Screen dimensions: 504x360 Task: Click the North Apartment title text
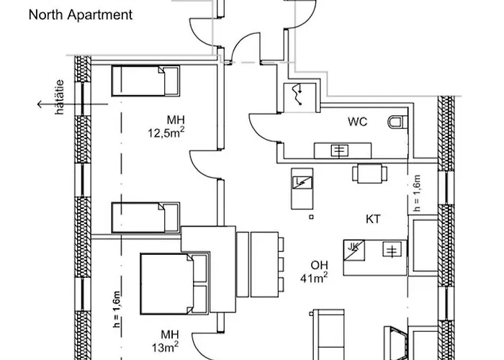pyautogui.click(x=81, y=15)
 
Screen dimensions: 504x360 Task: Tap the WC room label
pyautogui.click(x=357, y=122)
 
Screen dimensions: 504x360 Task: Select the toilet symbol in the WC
pyautogui.click(x=397, y=122)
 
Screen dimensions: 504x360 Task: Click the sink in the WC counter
pyautogui.click(x=340, y=150)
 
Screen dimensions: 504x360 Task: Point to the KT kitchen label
pyautogui.click(x=373, y=219)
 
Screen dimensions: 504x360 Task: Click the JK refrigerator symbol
pyautogui.click(x=354, y=251)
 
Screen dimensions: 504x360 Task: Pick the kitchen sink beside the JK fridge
pyautogui.click(x=392, y=249)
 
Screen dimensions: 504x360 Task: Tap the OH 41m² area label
pyautogui.click(x=315, y=271)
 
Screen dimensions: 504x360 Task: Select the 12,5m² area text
pyautogui.click(x=166, y=132)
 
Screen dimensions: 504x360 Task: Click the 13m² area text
pyautogui.click(x=165, y=348)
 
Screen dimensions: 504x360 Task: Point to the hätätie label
pyautogui.click(x=60, y=97)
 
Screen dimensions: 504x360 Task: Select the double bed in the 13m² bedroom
pyautogui.click(x=174, y=284)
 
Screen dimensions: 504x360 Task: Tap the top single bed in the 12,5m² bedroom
pyautogui.click(x=145, y=81)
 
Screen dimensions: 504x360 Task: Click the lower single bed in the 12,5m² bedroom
pyautogui.click(x=145, y=217)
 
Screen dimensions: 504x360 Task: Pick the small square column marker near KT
pyautogui.click(x=311, y=217)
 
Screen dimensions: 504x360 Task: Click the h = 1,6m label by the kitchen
pyautogui.click(x=417, y=193)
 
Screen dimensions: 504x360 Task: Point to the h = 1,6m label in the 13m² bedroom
pyautogui.click(x=117, y=309)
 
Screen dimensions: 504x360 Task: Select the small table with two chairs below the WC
pyautogui.click(x=369, y=174)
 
